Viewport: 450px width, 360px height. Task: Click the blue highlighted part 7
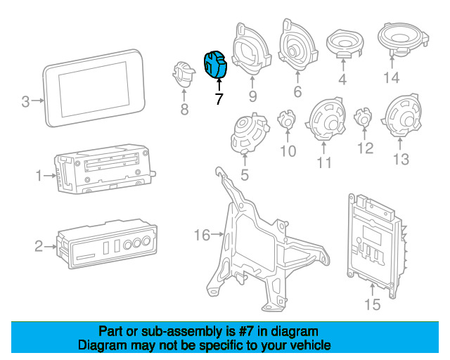coord(214,64)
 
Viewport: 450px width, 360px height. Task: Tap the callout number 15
coord(372,304)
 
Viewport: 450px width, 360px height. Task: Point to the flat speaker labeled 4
coord(344,44)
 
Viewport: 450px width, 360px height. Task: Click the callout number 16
coord(202,234)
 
